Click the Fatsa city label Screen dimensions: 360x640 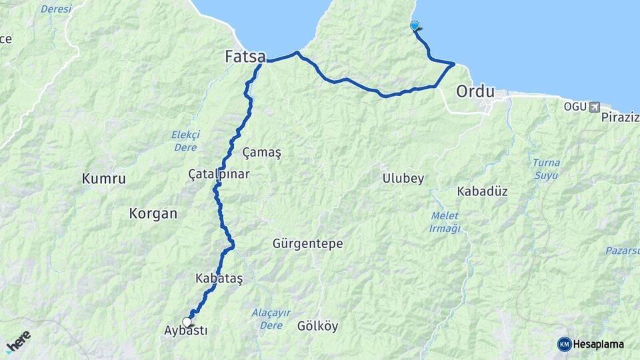[x=246, y=57]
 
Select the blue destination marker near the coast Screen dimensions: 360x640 [x=415, y=26]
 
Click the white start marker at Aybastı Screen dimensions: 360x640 [x=187, y=322]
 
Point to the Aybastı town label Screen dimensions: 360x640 [x=185, y=331]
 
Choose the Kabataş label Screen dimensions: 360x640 [x=219, y=278]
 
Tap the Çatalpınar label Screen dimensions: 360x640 [x=219, y=174]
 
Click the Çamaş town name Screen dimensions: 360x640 [x=262, y=152]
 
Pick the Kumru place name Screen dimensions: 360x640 [x=103, y=178]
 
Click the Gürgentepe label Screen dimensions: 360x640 [x=307, y=244]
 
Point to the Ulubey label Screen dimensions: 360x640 [x=403, y=179]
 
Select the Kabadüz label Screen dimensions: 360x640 [x=482, y=191]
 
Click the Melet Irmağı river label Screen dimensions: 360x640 [x=445, y=222]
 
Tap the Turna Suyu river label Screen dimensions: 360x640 [x=546, y=169]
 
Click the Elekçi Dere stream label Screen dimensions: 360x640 [x=185, y=141]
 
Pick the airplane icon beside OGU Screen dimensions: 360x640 [x=594, y=107]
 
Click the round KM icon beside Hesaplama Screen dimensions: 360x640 [x=564, y=344]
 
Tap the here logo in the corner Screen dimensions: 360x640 [x=18, y=341]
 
